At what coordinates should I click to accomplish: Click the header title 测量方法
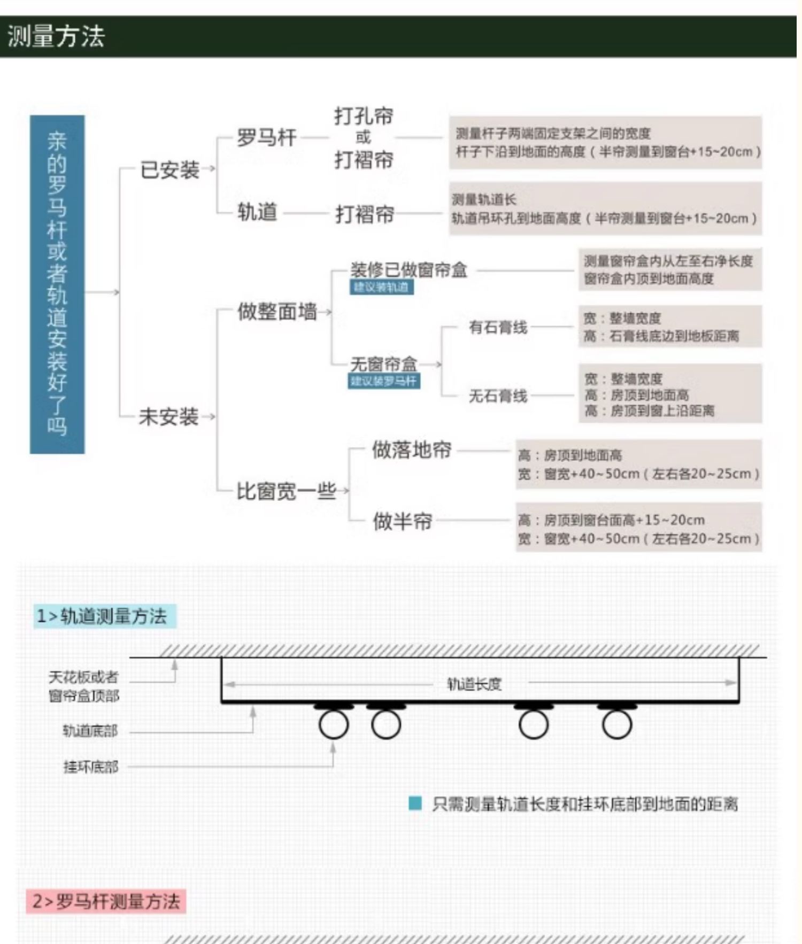56,36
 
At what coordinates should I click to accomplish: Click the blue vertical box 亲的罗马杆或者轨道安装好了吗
57,284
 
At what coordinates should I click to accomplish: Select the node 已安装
169,170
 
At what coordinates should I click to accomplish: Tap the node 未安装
168,416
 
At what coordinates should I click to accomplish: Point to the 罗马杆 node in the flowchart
266,137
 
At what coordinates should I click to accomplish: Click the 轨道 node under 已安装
257,212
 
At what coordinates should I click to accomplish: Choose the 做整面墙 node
277,311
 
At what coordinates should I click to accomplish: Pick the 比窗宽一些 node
286,491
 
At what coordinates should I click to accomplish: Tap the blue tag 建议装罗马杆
383,381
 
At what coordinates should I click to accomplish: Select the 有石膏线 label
498,327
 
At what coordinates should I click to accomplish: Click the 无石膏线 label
498,396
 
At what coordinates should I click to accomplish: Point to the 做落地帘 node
412,450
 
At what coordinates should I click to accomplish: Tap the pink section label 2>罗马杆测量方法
106,901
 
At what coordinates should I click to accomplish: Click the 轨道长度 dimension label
474,684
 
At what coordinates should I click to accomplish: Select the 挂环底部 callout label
90,767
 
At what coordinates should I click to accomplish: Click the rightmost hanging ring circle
617,725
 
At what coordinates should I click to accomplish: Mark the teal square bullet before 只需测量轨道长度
415,803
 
